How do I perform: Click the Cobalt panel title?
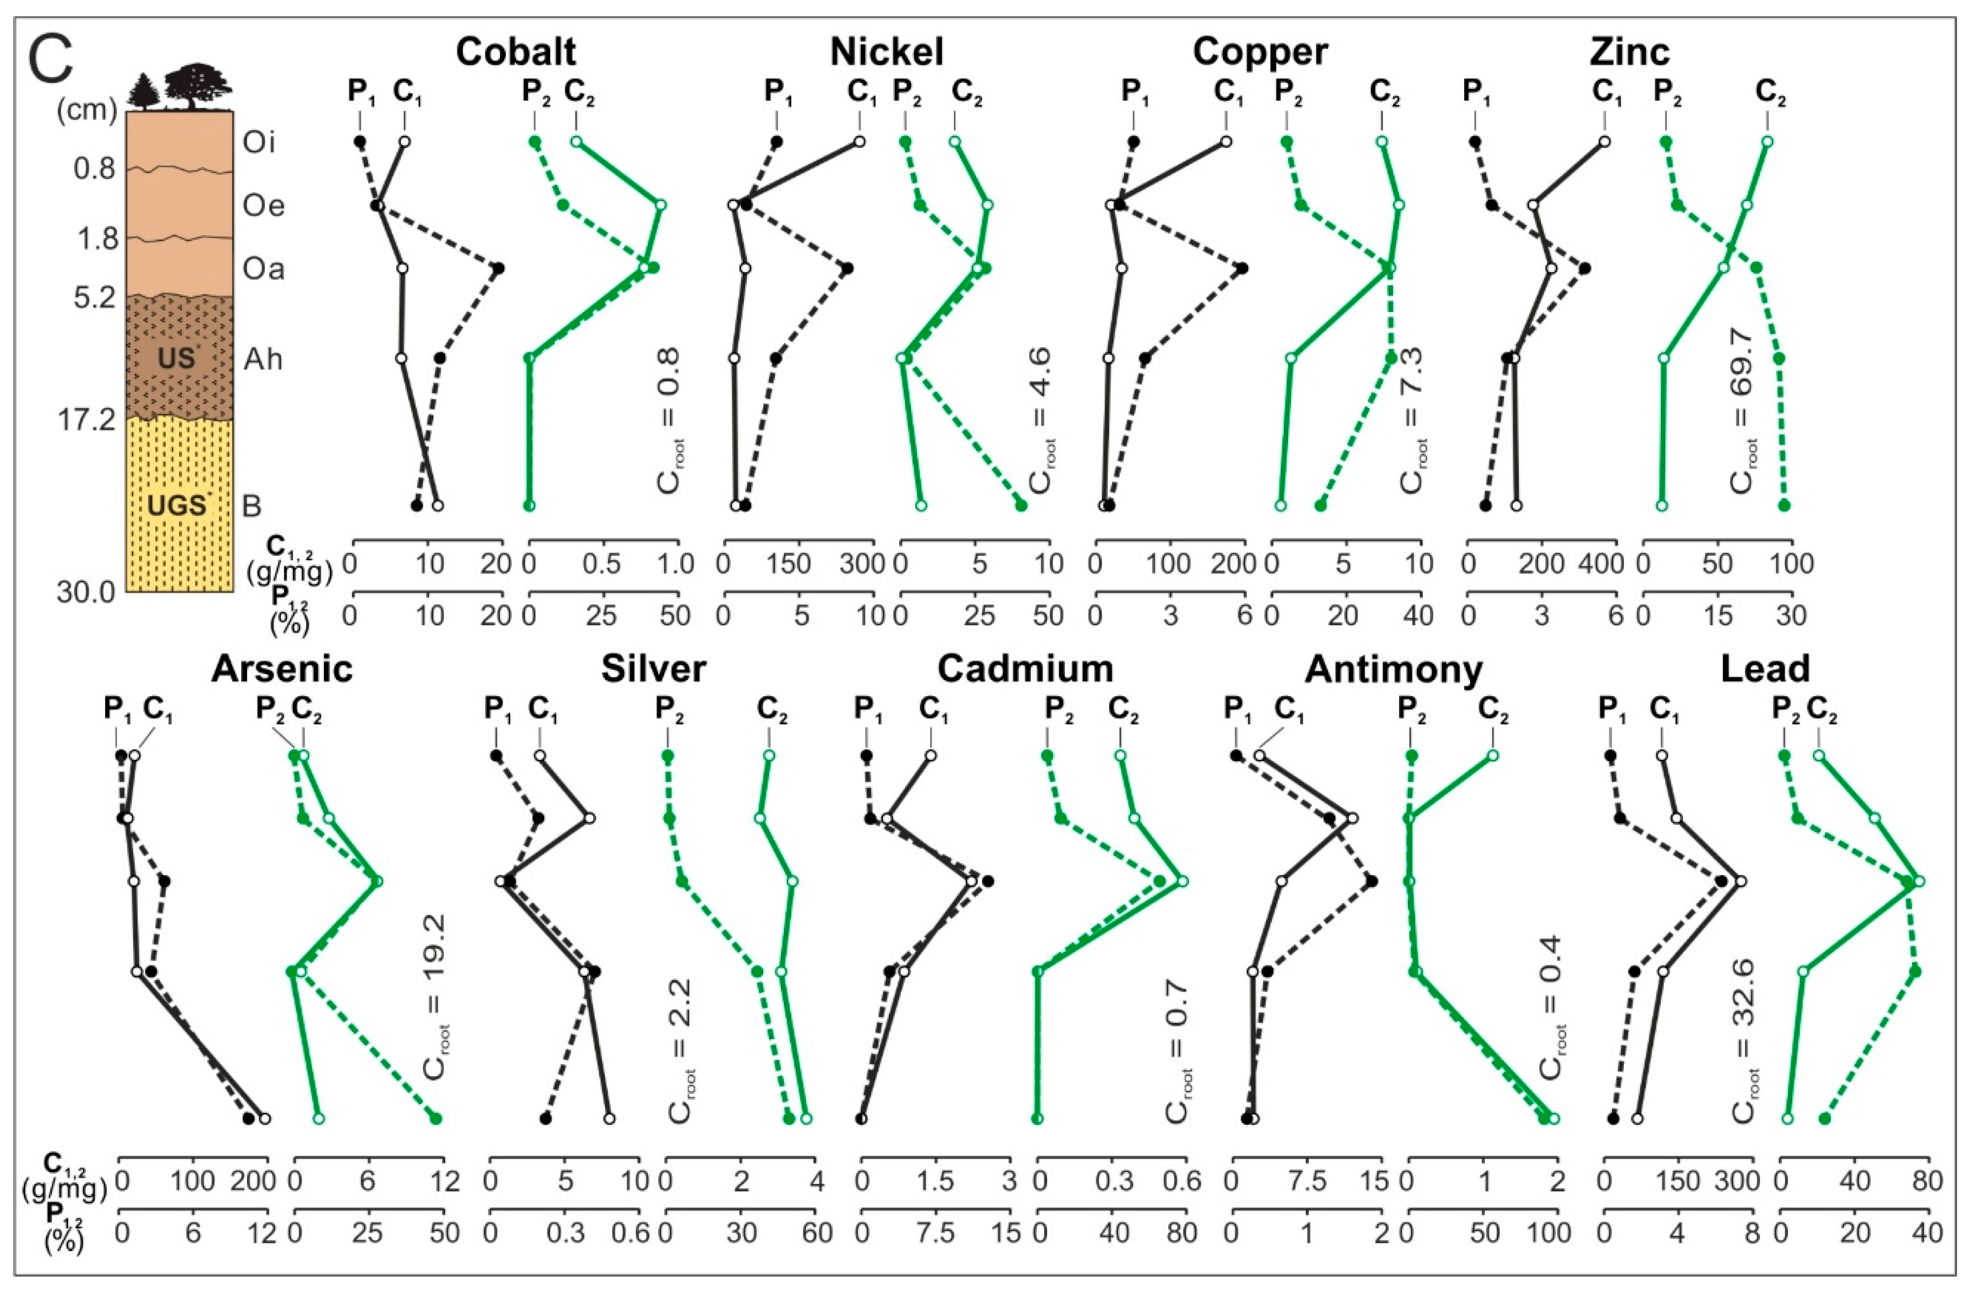pyautogui.click(x=515, y=52)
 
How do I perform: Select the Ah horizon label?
pyautogui.click(x=263, y=359)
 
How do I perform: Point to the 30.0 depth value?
pyautogui.click(x=86, y=593)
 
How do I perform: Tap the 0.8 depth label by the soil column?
pyautogui.click(x=94, y=169)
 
